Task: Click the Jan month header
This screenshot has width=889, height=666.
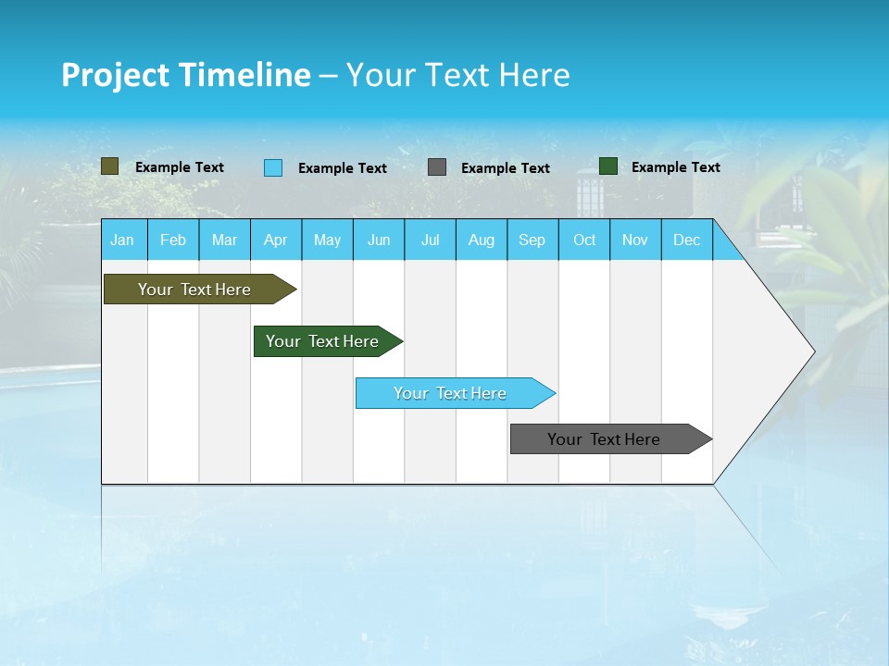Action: point(123,240)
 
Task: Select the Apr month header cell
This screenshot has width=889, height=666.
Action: point(276,240)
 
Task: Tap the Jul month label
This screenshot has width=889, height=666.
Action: point(430,240)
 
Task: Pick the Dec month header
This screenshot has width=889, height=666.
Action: point(686,240)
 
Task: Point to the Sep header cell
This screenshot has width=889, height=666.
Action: point(532,240)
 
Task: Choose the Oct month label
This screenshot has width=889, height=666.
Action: point(584,240)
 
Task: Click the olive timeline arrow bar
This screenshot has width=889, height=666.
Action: point(194,290)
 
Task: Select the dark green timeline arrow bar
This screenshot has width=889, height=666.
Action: point(322,341)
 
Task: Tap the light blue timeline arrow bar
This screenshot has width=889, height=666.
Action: point(450,393)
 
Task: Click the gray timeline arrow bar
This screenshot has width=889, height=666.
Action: point(604,439)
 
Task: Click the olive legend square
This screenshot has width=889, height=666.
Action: point(110,166)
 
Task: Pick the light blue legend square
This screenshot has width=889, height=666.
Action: point(273,167)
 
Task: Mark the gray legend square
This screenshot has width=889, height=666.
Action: point(437,167)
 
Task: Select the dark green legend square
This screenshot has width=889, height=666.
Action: point(608,166)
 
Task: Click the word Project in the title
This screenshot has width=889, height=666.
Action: point(116,75)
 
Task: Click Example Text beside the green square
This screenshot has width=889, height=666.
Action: point(675,166)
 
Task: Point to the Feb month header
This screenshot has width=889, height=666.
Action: point(173,240)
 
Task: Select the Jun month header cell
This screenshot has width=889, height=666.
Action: point(379,240)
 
